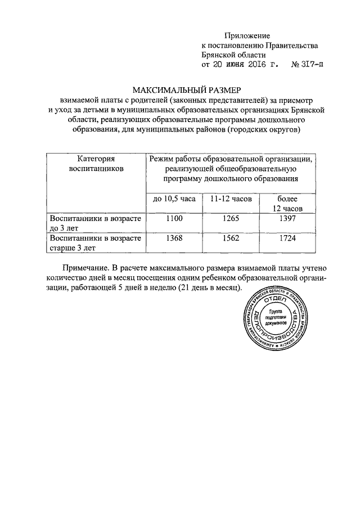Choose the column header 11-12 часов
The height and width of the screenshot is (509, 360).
[x=231, y=199]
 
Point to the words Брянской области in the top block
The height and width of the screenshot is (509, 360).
[x=233, y=55]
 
